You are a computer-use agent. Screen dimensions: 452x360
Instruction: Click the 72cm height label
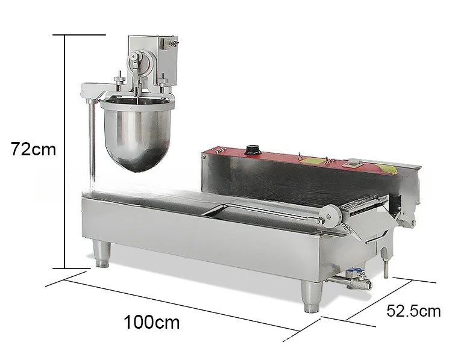33,149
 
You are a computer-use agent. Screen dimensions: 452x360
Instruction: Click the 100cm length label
152,322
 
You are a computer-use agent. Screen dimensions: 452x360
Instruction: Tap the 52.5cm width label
413,311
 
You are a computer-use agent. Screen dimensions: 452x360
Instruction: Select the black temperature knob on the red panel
253,150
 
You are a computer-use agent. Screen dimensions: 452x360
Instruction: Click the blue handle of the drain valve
354,271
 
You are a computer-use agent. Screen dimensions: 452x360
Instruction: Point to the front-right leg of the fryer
312,297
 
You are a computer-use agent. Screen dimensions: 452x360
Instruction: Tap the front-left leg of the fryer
102,254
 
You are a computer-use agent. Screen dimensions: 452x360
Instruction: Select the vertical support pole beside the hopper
92,141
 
